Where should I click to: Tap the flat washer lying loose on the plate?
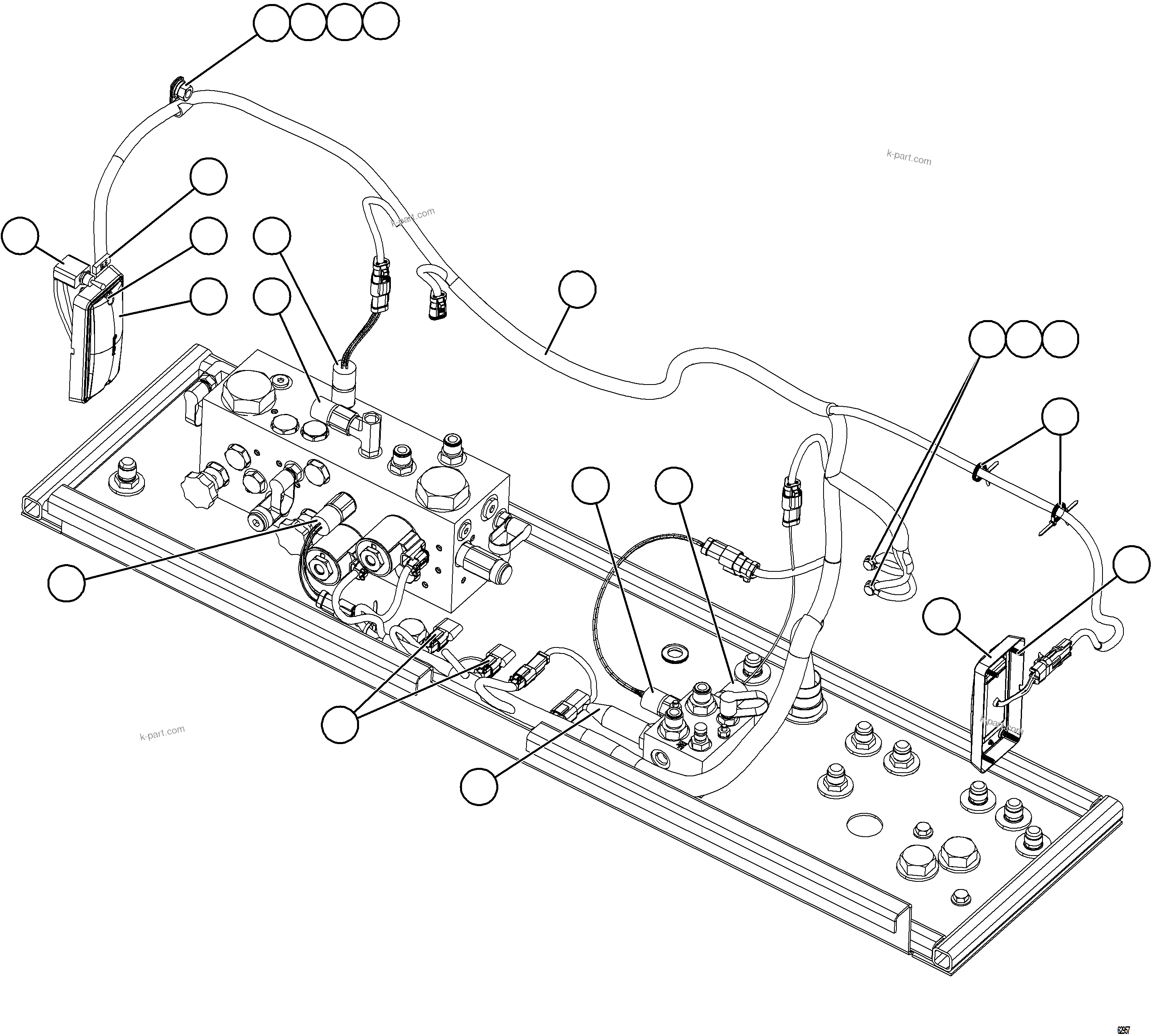675,650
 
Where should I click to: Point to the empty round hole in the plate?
865,824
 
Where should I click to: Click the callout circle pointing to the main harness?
577,290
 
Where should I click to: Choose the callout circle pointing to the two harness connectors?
340,724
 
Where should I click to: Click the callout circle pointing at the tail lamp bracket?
20,235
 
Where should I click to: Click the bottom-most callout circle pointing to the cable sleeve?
479,786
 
